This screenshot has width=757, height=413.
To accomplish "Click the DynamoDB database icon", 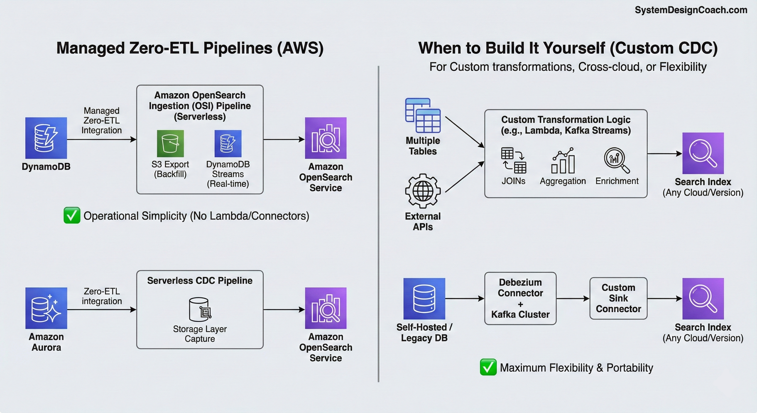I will (46, 138).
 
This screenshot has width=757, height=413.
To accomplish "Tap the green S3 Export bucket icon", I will (170, 144).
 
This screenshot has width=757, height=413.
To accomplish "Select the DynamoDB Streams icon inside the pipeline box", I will (228, 144).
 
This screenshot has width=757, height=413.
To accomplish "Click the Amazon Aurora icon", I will (46, 308).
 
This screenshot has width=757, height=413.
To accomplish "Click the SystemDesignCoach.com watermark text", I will (691, 10).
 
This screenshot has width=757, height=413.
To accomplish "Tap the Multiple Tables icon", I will (423, 115).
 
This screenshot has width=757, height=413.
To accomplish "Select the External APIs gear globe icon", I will (423, 191).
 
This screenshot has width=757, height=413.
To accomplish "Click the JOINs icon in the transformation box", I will (513, 160).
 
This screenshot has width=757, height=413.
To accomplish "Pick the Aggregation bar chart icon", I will (563, 161).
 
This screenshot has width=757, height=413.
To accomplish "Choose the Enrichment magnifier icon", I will (616, 160).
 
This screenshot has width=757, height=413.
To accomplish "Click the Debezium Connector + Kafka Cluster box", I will (520, 298).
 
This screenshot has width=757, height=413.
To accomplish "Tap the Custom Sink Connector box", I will (618, 298).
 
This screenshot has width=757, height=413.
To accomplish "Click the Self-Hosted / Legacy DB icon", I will (424, 298).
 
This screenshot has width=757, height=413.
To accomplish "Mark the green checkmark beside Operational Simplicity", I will (72, 215).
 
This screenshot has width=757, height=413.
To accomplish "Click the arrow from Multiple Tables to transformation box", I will (464, 132).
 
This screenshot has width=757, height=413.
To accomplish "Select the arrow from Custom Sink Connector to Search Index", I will (664, 298).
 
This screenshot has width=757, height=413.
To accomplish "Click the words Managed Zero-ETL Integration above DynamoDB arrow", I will (101, 120).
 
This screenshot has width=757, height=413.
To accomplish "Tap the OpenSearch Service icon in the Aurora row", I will (326, 308).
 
